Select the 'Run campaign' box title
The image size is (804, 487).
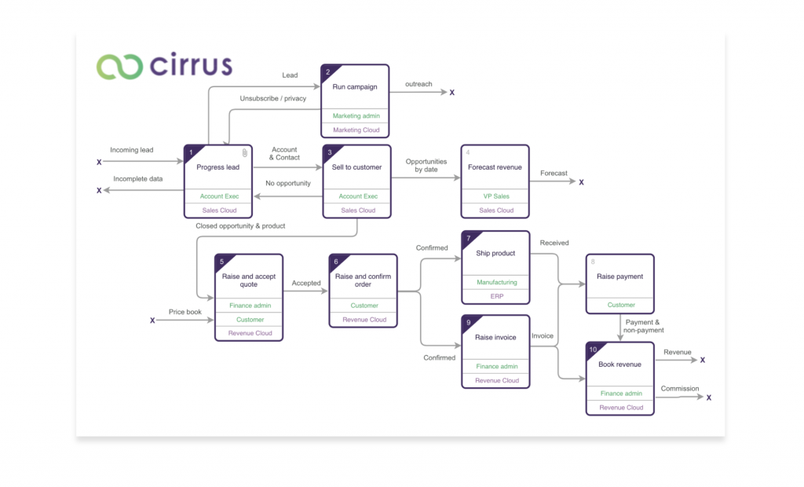pyautogui.click(x=355, y=87)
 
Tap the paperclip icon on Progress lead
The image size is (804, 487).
pyautogui.click(x=245, y=152)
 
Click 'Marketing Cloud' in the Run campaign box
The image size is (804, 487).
pyautogui.click(x=356, y=130)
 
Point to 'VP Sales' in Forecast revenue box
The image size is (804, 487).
pyautogui.click(x=495, y=196)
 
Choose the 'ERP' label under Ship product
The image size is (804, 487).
pyautogui.click(x=496, y=296)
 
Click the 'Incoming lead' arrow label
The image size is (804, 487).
pyautogui.click(x=132, y=150)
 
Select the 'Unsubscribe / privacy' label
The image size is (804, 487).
pyautogui.click(x=273, y=98)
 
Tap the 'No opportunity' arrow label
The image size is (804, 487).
pyautogui.click(x=288, y=184)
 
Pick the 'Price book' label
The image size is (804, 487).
pyautogui.click(x=185, y=312)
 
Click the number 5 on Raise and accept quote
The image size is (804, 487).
pyautogui.click(x=222, y=262)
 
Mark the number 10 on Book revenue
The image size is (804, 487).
pyautogui.click(x=594, y=350)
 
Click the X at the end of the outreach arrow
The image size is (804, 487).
pyautogui.click(x=452, y=93)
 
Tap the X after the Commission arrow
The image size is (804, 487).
pyautogui.click(x=708, y=398)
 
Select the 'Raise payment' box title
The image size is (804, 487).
pyautogui.click(x=619, y=276)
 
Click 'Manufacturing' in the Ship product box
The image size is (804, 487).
pyautogui.click(x=496, y=282)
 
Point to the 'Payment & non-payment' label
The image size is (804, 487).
pyautogui.click(x=644, y=326)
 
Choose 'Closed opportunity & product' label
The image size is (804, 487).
pyautogui.click(x=240, y=226)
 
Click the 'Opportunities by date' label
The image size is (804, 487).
pyautogui.click(x=426, y=166)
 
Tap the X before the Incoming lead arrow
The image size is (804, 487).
pyautogui.click(x=99, y=163)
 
